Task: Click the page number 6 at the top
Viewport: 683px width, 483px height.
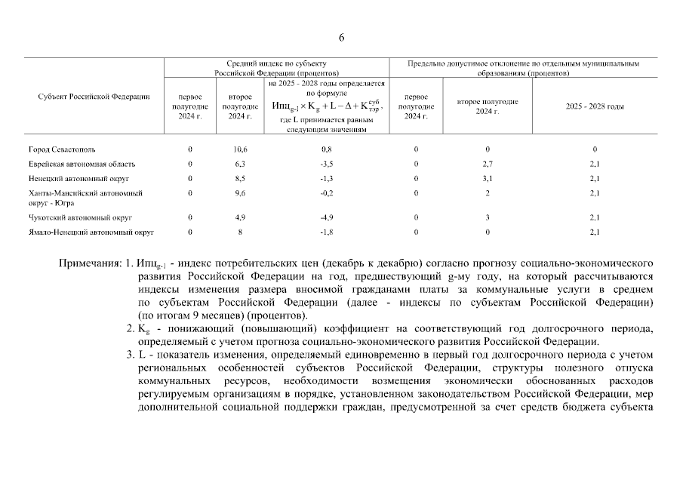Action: (341, 38)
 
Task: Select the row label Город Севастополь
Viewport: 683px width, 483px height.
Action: (62, 149)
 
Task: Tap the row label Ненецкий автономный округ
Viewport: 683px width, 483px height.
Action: (78, 178)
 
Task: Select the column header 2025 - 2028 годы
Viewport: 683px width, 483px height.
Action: (595, 106)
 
